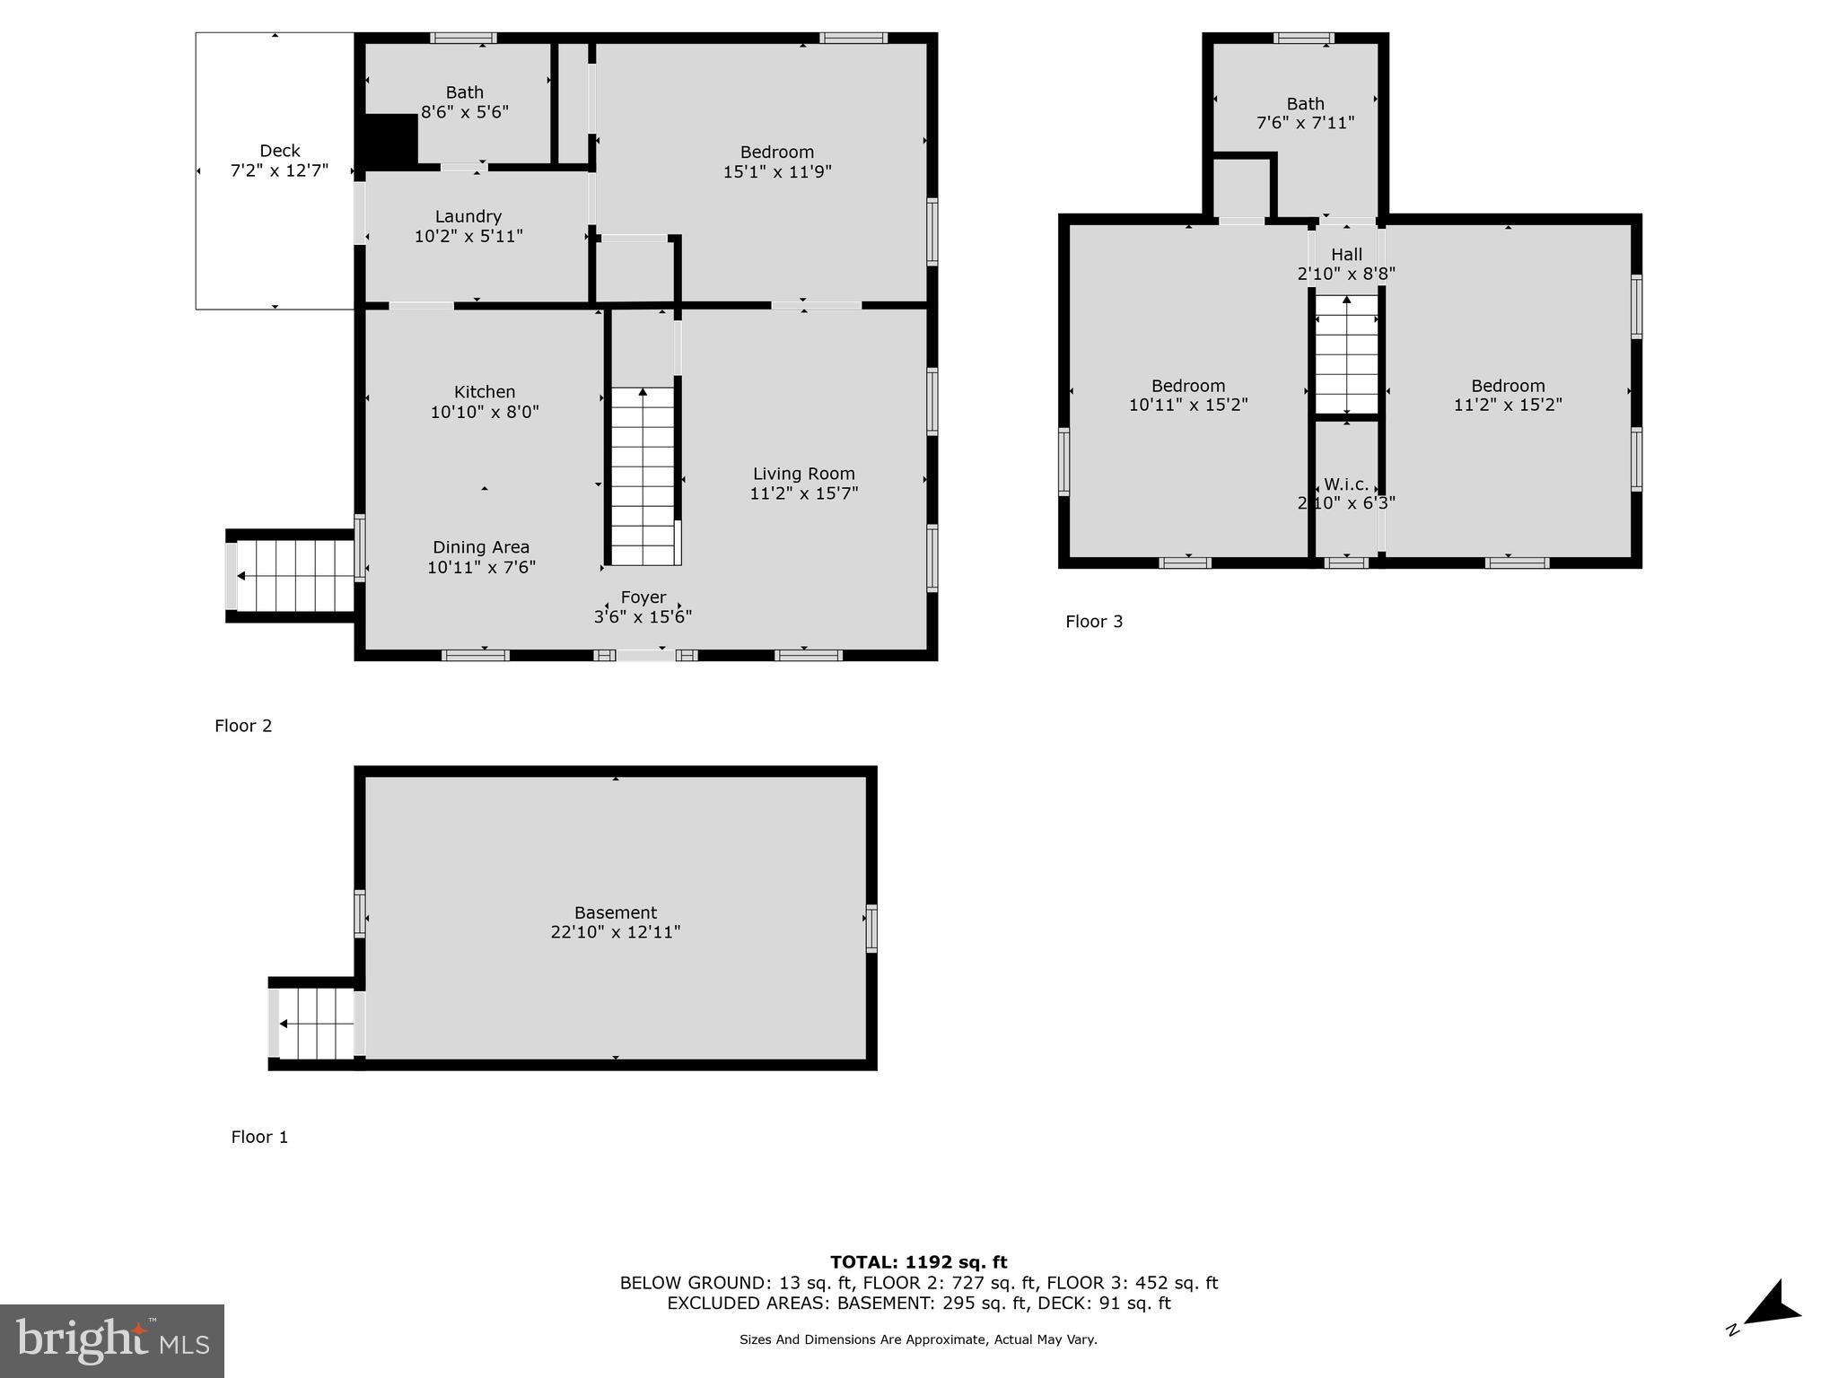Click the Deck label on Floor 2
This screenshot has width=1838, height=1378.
tap(279, 151)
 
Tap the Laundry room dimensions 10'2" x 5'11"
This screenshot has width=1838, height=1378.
tap(468, 237)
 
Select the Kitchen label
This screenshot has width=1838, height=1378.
tap(484, 392)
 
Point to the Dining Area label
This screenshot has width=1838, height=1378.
tap(481, 547)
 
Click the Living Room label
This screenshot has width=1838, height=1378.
tap(803, 474)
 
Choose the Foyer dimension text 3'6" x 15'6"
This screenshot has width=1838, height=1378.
tap(643, 617)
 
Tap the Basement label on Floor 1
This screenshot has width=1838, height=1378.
tap(616, 912)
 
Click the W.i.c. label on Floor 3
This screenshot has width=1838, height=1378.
tap(1345, 484)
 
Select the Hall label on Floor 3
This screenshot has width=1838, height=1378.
tap(1346, 255)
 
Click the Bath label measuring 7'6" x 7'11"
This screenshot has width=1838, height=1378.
tap(1304, 104)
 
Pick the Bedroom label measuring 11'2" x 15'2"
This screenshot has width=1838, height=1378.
tap(1507, 386)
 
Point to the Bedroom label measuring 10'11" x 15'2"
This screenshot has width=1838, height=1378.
tap(1187, 386)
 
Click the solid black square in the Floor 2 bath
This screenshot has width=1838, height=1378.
tap(390, 139)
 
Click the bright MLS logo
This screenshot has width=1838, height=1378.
tap(112, 1340)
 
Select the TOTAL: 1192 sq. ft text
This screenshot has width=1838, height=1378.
tap(918, 1262)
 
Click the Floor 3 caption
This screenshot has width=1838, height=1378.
tap(1093, 622)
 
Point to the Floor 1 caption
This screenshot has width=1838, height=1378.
tap(259, 1138)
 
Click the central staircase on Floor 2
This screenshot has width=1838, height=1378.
tap(643, 475)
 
